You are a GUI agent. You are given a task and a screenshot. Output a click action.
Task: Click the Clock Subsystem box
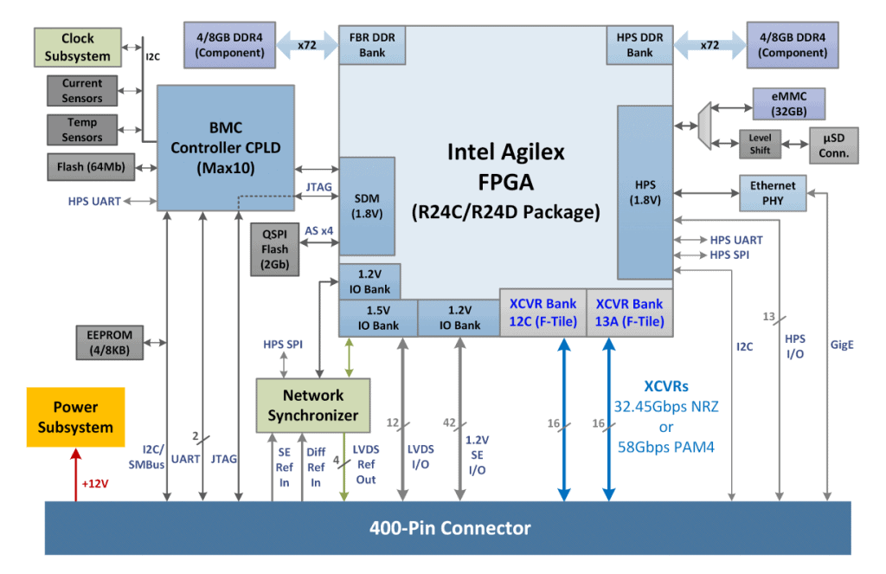point(77,48)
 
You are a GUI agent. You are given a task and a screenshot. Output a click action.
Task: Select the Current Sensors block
point(82,91)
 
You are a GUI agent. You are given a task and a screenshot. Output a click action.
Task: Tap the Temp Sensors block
point(82,130)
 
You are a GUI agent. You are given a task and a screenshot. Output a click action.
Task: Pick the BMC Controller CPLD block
point(225,147)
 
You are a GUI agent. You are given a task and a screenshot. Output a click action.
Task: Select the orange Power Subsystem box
point(75,417)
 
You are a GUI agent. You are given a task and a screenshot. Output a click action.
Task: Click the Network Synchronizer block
point(313,404)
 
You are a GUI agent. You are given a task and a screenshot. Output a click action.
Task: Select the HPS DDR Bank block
point(640,45)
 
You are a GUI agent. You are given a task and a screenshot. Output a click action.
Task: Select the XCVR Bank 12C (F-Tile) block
point(543,313)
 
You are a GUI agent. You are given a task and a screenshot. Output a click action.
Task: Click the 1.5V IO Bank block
point(377,318)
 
